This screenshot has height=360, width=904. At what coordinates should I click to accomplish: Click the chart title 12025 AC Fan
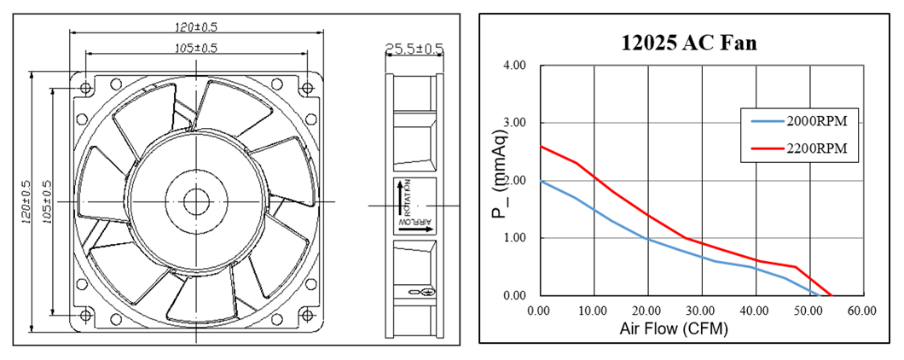tap(689, 43)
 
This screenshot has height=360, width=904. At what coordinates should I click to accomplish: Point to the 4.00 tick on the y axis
tap(514, 65)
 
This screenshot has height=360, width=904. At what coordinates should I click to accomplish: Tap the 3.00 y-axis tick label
tap(514, 123)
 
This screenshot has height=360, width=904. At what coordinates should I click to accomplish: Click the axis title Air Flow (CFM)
tap(674, 329)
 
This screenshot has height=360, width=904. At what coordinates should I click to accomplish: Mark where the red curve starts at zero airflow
tap(541, 146)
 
